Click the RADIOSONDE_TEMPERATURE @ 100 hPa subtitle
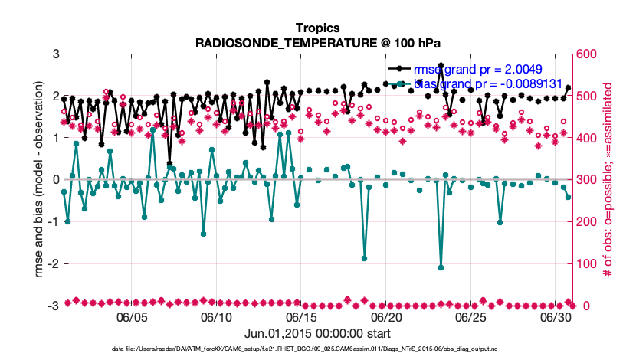pyautogui.click(x=317, y=42)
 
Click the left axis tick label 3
pyautogui.click(x=56, y=54)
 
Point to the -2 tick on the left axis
pyautogui.click(x=54, y=264)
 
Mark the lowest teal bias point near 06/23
pyautogui.click(x=441, y=267)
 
